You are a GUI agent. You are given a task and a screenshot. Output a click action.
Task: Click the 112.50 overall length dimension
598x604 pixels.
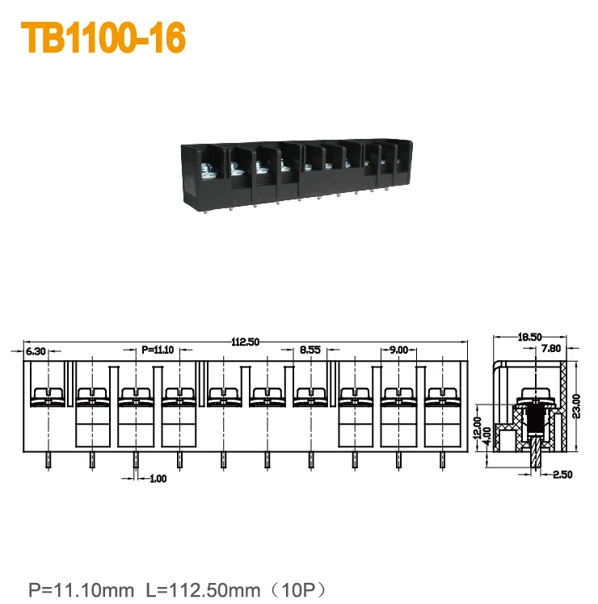(246, 342)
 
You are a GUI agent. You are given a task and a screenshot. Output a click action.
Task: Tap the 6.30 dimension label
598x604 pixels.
(36, 351)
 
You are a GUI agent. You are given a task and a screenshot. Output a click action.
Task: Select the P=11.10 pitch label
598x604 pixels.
(158, 350)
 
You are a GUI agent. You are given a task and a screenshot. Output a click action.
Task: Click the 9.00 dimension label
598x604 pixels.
(398, 350)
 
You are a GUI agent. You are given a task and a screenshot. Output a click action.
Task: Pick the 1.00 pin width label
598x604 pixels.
(158, 479)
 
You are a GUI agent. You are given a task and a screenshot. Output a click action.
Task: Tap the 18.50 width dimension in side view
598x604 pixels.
(529, 337)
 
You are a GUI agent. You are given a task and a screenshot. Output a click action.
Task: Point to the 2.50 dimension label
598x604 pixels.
(562, 475)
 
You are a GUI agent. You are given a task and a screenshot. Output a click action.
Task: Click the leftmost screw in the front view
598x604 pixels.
(48, 396)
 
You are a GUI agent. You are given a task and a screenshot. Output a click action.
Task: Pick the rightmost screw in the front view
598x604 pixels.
(441, 396)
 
